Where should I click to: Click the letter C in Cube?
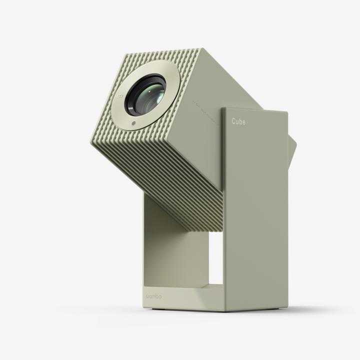tap(233, 120)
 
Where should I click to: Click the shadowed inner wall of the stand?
tap(170, 250)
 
